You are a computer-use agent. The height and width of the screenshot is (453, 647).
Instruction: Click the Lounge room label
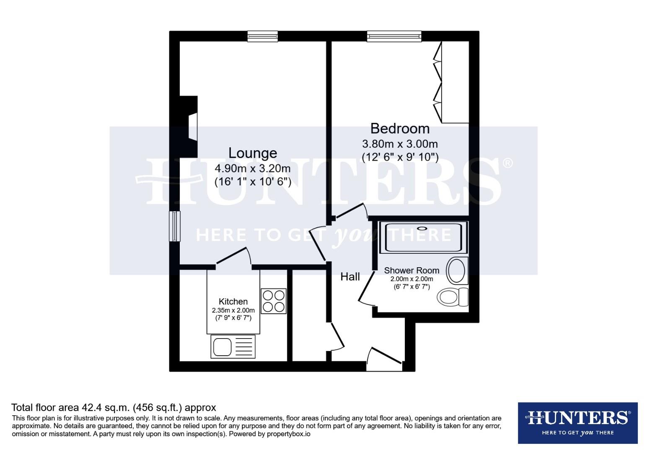click(x=252, y=153)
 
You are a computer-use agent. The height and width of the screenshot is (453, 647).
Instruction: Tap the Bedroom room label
click(x=400, y=128)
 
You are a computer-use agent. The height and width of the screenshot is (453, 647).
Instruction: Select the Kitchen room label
click(x=233, y=302)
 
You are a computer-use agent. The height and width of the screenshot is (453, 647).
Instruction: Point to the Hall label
click(x=350, y=277)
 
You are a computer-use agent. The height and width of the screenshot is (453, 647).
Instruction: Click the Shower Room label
click(x=411, y=271)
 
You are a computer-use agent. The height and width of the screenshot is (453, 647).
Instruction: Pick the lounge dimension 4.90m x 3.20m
click(x=252, y=169)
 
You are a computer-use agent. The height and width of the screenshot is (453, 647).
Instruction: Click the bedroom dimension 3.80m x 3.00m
click(x=400, y=144)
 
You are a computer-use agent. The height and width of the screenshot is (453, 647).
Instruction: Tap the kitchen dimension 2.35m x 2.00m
click(x=233, y=310)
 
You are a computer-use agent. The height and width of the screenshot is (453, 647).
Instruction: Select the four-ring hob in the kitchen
click(x=273, y=301)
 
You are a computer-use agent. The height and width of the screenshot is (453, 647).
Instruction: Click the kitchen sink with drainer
click(x=233, y=346)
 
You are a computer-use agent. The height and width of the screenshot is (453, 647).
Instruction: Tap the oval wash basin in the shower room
click(x=457, y=271)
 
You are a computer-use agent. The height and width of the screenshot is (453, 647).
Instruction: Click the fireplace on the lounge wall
click(x=190, y=126)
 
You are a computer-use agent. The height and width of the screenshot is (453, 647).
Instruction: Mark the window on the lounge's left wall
click(x=174, y=226)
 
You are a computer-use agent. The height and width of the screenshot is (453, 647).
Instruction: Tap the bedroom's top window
click(x=394, y=37)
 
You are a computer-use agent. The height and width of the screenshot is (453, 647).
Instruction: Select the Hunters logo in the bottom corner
click(x=577, y=423)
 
